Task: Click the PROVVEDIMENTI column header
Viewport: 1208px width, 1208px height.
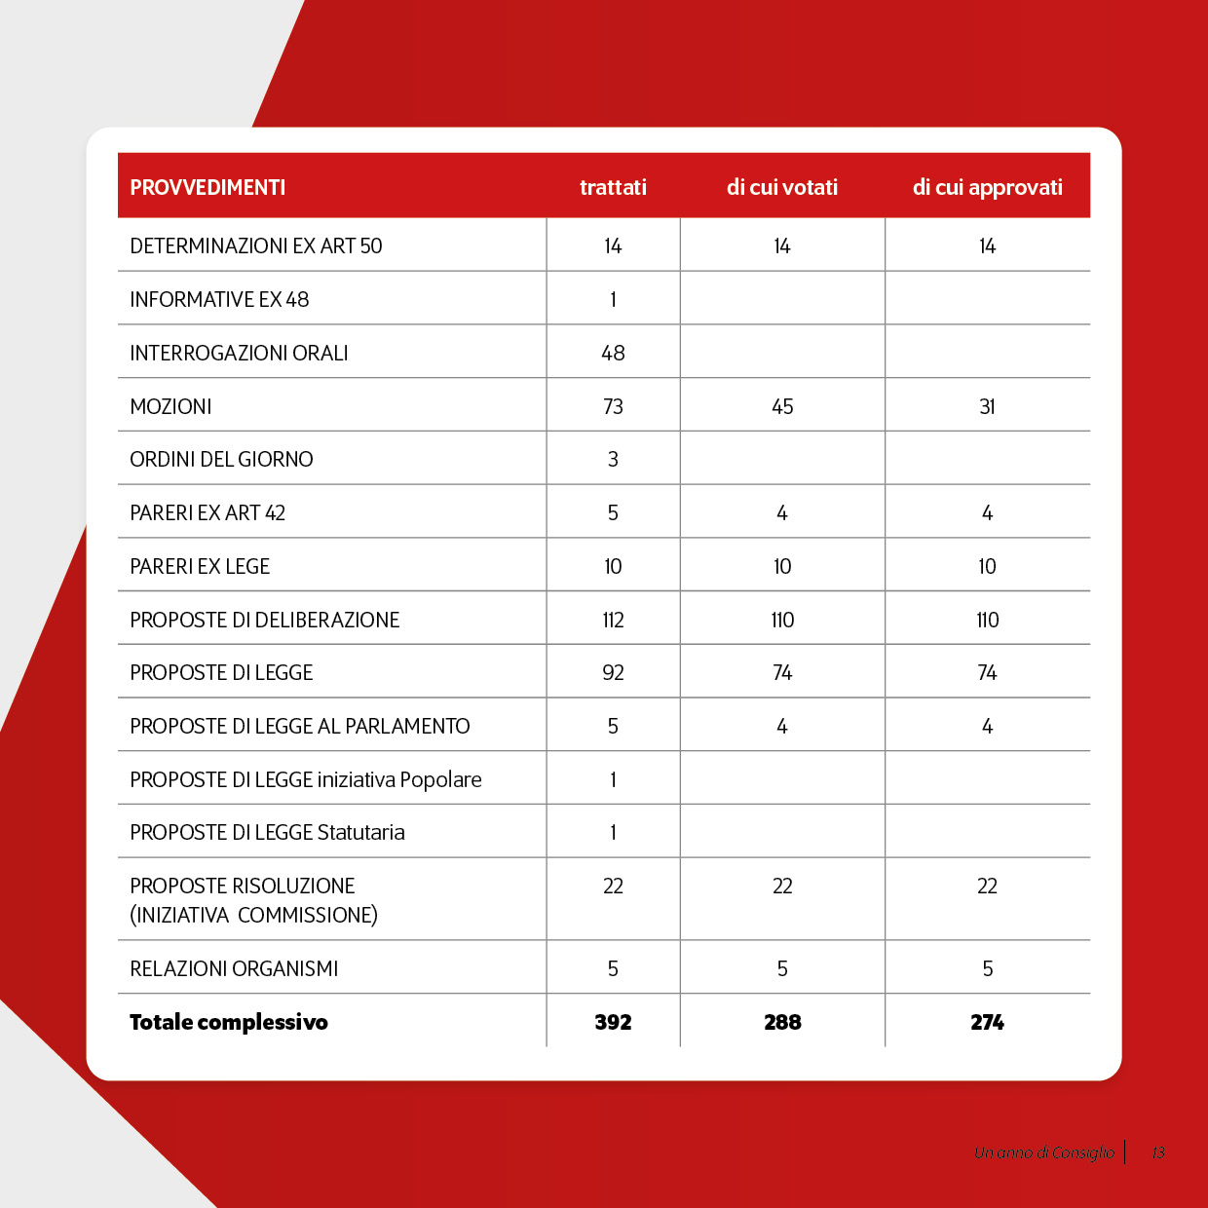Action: (208, 187)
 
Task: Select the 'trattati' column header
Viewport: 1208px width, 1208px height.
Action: (613, 187)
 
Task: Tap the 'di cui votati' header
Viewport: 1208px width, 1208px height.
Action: (782, 187)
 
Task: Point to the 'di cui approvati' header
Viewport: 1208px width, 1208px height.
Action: (987, 187)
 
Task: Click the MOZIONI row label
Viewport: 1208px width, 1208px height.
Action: (170, 406)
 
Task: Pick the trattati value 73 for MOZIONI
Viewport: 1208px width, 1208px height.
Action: (613, 406)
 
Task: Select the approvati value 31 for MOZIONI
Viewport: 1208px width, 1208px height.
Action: (987, 406)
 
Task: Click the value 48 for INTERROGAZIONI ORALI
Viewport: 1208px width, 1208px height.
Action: (613, 353)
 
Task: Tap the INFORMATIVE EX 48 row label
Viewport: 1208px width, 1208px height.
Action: (219, 299)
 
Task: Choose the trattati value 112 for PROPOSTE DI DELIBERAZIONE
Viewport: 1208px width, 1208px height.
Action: (613, 620)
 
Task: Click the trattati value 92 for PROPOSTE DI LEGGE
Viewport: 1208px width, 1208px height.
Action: (613, 672)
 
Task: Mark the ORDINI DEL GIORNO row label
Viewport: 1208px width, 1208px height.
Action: (221, 459)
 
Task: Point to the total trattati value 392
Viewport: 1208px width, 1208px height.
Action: (613, 1022)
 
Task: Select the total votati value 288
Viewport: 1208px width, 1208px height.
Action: (782, 1022)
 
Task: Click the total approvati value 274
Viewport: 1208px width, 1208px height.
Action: (987, 1022)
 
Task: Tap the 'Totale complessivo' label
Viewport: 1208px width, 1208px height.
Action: (229, 1022)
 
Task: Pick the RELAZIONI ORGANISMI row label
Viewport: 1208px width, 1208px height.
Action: (234, 968)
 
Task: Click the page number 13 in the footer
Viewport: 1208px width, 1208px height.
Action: (1158, 1152)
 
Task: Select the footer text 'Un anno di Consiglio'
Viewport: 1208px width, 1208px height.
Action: (1044, 1152)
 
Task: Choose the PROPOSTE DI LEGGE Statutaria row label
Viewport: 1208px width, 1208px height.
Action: (267, 832)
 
